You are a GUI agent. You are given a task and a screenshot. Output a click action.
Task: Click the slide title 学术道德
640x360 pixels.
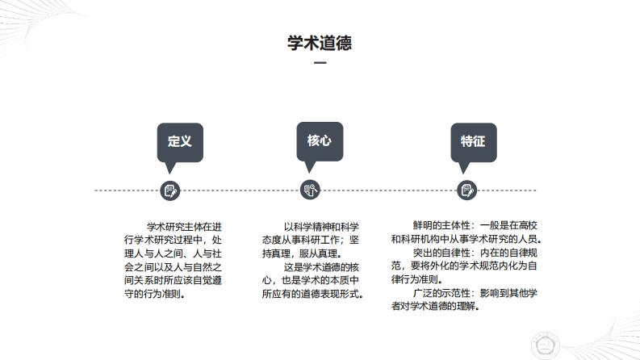click(x=320, y=43)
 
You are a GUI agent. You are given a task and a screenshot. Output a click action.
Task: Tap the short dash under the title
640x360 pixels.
click(x=320, y=64)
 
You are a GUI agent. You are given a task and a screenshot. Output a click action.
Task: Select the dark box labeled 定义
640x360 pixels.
click(x=179, y=141)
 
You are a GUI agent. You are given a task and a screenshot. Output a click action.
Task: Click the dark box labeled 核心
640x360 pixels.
click(x=319, y=140)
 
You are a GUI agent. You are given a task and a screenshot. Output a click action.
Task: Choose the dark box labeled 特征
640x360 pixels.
click(x=473, y=141)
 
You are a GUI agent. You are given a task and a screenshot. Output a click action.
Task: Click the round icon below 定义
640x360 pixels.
click(x=170, y=190)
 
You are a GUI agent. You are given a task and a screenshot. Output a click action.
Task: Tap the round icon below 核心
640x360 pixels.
click(x=311, y=190)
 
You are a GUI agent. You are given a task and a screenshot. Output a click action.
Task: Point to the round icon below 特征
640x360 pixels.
click(x=466, y=190)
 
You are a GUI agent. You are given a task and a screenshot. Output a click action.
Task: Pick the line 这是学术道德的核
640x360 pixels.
click(x=320, y=266)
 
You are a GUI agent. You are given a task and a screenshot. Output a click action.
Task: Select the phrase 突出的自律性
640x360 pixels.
click(x=441, y=253)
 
